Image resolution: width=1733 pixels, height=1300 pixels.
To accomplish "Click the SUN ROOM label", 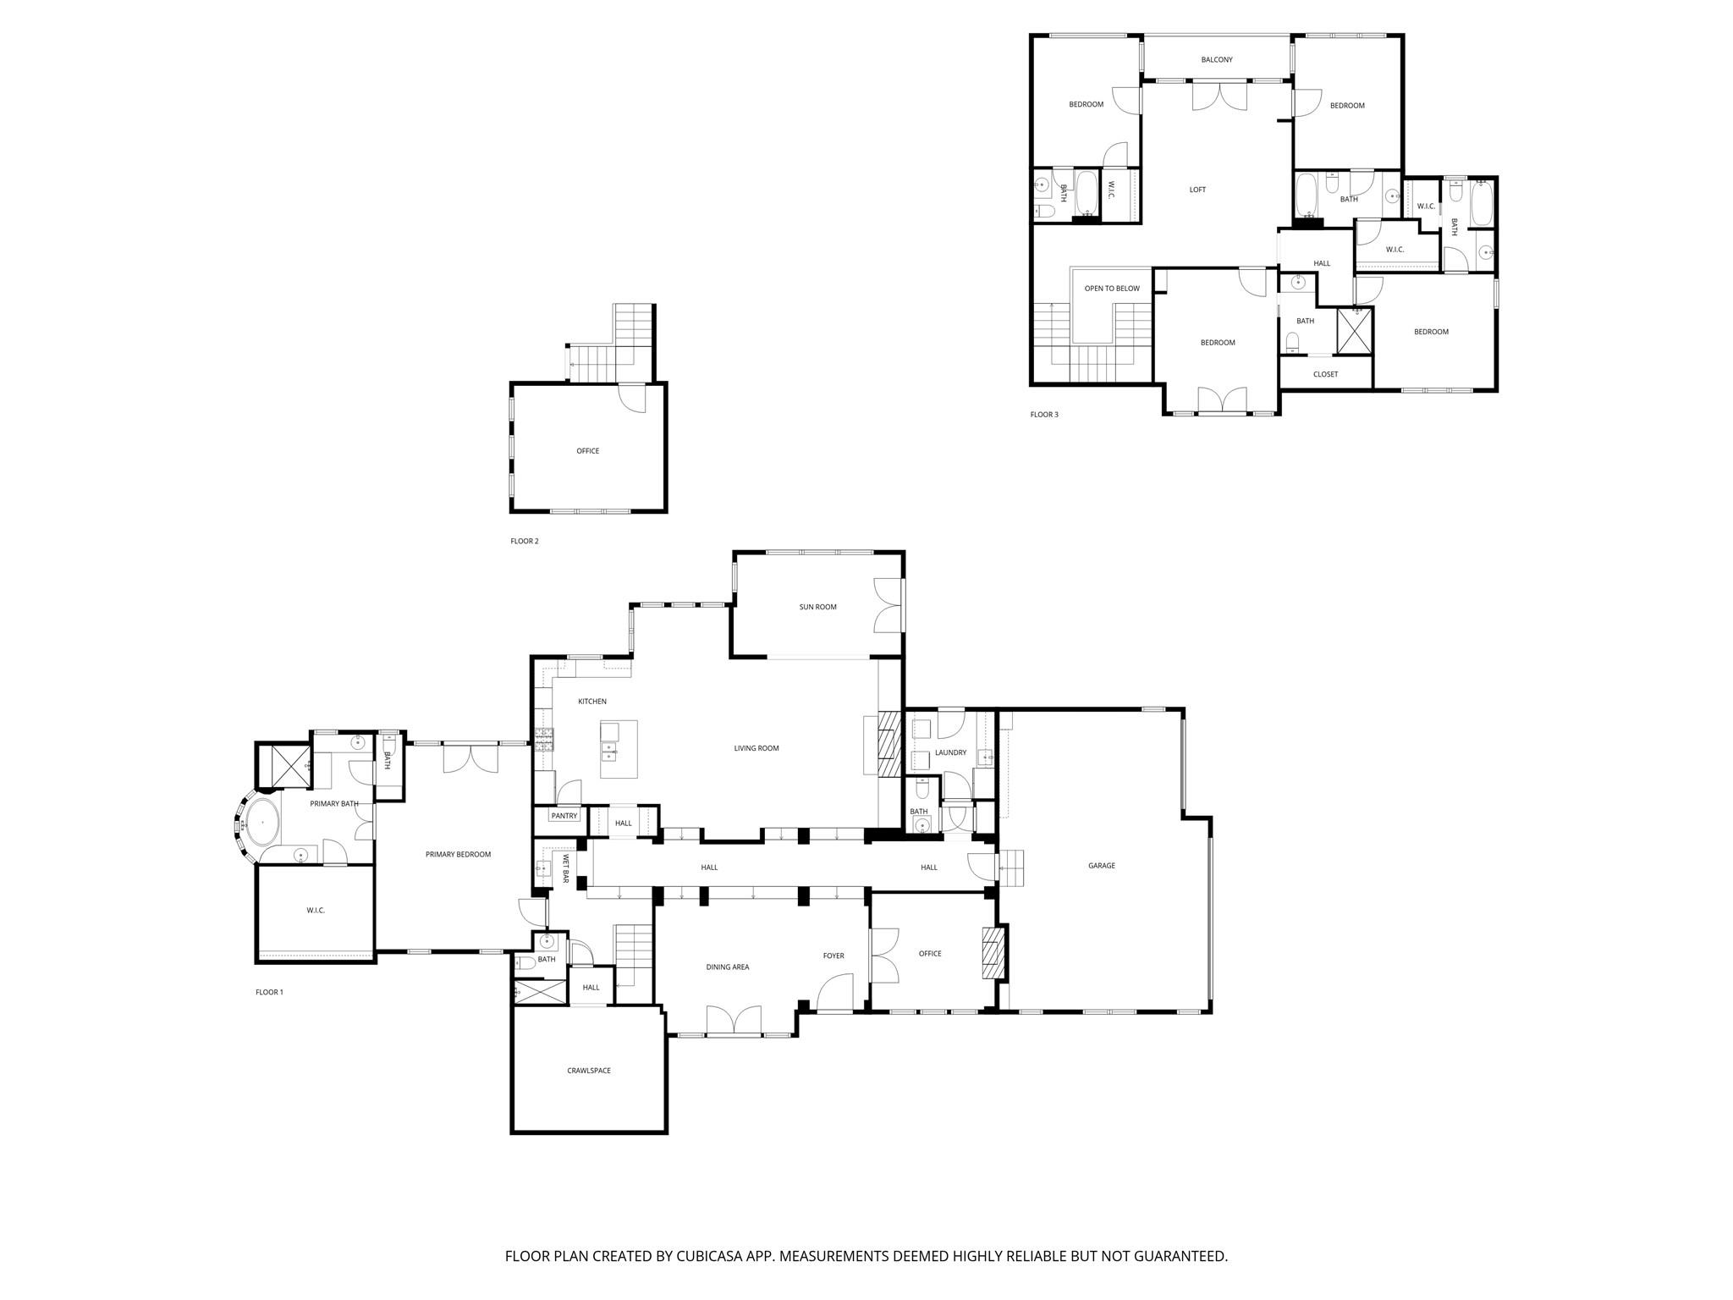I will click(817, 607).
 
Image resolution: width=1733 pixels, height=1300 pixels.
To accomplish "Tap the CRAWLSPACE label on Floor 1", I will click(588, 1071).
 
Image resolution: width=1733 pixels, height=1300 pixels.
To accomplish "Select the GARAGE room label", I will click(1101, 866).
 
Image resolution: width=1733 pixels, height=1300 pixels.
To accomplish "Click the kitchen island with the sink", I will click(619, 749).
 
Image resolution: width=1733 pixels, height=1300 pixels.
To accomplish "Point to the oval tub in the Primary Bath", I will click(262, 822).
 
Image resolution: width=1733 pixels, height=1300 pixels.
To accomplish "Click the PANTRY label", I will click(564, 816).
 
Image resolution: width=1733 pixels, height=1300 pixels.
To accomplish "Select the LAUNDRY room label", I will click(950, 752).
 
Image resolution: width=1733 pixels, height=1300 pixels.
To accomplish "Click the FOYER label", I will click(833, 956).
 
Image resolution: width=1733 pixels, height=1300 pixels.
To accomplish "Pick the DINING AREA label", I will click(728, 967).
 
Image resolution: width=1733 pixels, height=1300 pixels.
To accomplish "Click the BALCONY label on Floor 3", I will click(1216, 60).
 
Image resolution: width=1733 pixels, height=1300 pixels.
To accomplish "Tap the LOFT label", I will click(1197, 190).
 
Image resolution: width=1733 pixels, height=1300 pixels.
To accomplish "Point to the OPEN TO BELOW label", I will click(1112, 289).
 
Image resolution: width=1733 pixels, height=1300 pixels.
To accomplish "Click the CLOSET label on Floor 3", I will click(1325, 374).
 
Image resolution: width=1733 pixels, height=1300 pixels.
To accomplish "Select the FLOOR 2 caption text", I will click(524, 542).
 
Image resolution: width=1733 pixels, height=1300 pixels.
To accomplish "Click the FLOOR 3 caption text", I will click(1043, 415).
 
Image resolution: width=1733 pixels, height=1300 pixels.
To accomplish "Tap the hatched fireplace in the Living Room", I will click(888, 744).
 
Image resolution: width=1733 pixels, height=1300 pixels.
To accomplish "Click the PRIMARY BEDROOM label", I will click(458, 855).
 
